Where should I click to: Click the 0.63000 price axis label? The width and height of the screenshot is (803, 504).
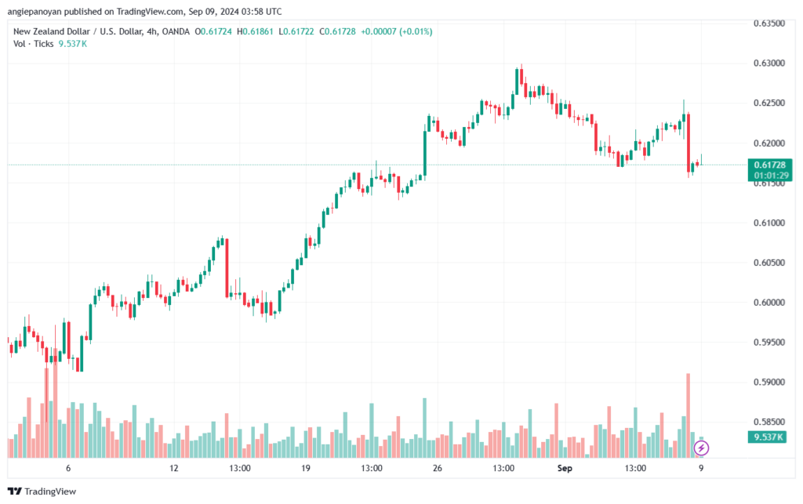click(768, 63)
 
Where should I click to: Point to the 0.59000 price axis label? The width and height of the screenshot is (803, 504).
click(768, 382)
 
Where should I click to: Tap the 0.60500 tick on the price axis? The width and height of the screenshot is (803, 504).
click(768, 263)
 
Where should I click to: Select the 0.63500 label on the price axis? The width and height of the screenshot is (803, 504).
click(768, 23)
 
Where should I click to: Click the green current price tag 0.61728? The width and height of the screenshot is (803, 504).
click(770, 165)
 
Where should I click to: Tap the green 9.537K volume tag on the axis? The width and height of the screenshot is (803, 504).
click(767, 437)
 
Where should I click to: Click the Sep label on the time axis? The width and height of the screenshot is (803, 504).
click(565, 468)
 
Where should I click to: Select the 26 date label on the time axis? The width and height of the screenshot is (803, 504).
click(437, 468)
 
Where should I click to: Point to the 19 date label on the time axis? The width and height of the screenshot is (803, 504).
click(306, 468)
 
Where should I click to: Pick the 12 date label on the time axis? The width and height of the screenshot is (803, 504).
click(174, 468)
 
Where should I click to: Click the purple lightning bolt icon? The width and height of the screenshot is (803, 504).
click(701, 448)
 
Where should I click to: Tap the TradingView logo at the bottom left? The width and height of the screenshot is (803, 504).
click(42, 491)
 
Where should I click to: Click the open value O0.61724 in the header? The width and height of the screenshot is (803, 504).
click(213, 31)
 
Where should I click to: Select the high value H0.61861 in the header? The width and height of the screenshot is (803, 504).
click(255, 31)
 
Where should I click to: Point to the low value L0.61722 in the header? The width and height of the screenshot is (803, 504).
click(296, 31)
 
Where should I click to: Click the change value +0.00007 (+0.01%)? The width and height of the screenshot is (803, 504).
click(396, 31)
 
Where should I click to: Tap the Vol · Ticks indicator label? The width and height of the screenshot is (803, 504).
click(33, 43)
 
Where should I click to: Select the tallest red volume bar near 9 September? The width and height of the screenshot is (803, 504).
click(689, 415)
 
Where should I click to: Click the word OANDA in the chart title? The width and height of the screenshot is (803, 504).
click(176, 31)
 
